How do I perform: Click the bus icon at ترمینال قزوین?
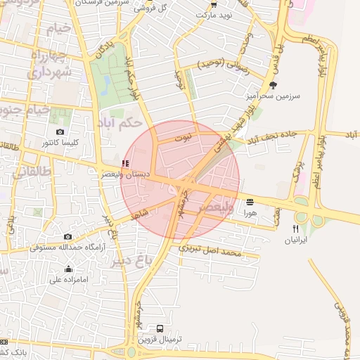160,329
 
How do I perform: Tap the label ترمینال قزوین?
160,340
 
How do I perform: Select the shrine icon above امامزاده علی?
68,269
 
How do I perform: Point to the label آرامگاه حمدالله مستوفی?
68,247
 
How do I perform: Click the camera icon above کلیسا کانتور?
60,132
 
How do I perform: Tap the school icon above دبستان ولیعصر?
124,163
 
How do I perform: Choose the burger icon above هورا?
250,201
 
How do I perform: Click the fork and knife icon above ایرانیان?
295,229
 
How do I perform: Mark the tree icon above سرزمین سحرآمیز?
263,84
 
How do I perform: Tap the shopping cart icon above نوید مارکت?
214,4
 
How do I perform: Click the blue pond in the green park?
105,85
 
